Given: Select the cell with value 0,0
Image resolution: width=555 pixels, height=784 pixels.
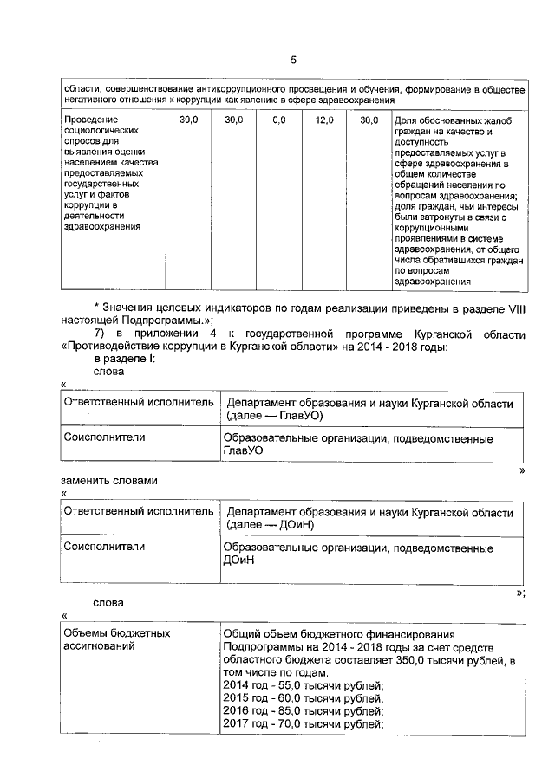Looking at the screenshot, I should [278, 120].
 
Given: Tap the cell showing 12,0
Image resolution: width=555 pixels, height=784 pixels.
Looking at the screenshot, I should [324, 120].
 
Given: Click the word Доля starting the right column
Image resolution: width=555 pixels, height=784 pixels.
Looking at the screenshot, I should [407, 120].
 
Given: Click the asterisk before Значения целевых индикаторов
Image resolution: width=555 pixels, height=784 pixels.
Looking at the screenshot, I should [96, 308].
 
